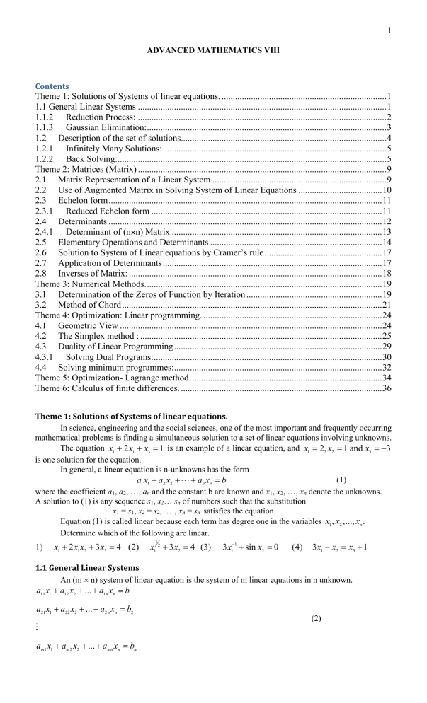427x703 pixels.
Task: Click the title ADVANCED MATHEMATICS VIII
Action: tap(213, 52)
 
